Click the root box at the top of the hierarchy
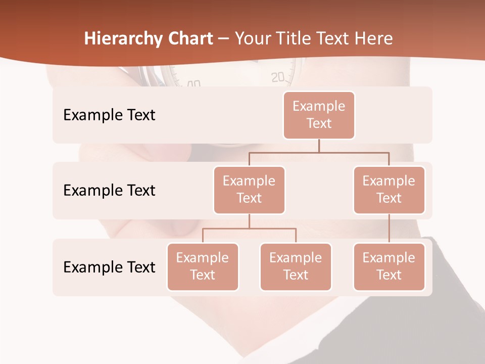(319, 115)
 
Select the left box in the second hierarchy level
(249, 190)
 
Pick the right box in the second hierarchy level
(389, 190)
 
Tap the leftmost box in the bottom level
(203, 266)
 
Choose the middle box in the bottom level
(296, 266)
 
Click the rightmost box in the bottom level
(389, 266)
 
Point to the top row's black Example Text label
(109, 115)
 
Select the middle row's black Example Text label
(109, 191)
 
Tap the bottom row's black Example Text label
(109, 267)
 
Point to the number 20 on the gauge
(278, 77)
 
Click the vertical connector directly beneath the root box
(319, 146)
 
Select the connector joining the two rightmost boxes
(389, 229)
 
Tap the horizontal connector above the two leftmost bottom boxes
(249, 229)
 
